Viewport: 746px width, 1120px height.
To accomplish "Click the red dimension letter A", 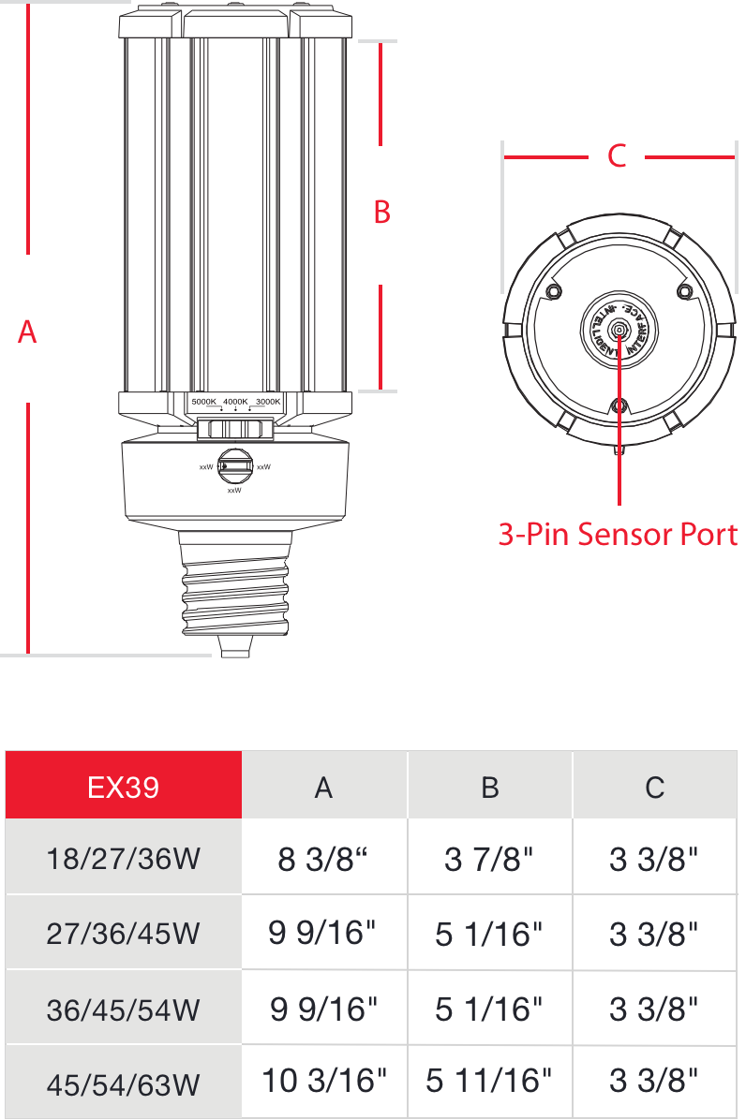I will pos(27,331).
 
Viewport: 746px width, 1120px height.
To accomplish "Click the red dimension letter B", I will pos(381,213).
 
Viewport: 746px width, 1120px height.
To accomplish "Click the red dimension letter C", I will pos(617,156).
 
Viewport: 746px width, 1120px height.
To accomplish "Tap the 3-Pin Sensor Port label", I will pos(618,535).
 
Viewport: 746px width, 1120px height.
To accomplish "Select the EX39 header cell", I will pos(124,787).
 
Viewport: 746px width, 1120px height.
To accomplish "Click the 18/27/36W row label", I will pos(124,859).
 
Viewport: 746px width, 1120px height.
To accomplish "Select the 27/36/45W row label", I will pos(124,934).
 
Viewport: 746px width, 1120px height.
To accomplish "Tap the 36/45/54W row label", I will pos(124,1009).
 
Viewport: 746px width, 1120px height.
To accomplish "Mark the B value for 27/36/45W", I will pos(489,934).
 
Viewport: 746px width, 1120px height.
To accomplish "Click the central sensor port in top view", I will pos(618,328).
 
